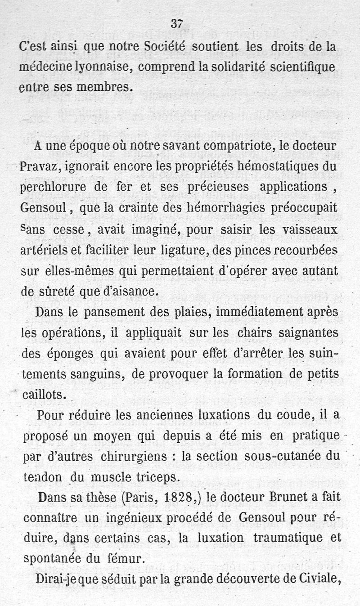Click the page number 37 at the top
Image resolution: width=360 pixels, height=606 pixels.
pyautogui.click(x=176, y=24)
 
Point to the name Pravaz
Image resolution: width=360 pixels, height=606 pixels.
pyautogui.click(x=41, y=168)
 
